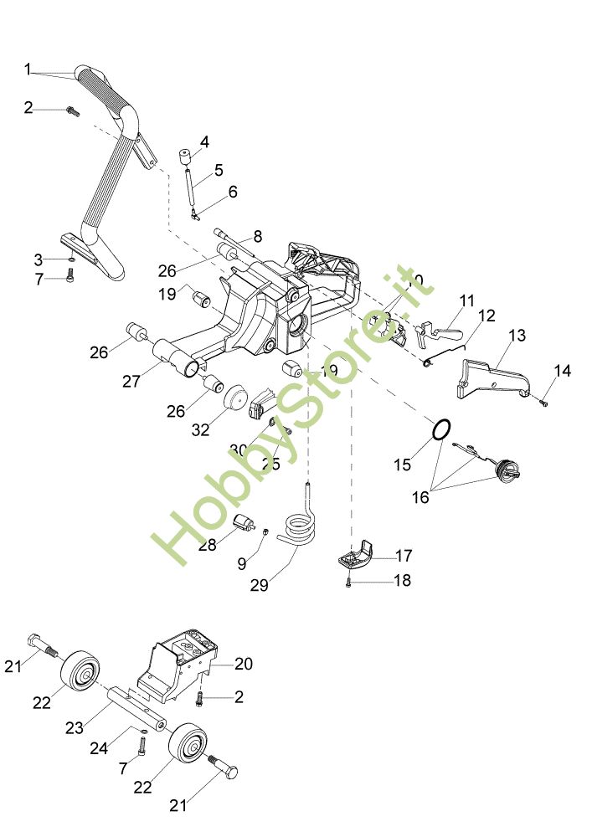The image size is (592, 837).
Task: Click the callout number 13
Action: point(517,335)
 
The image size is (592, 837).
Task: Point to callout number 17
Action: point(404,554)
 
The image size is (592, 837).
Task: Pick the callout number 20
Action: point(244,664)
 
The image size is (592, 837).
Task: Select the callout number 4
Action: point(203,141)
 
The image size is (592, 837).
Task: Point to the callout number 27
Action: point(131,381)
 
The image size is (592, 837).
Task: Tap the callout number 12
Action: point(487,316)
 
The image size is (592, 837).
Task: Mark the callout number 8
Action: point(257,236)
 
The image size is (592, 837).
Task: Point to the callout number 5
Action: point(218,170)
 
